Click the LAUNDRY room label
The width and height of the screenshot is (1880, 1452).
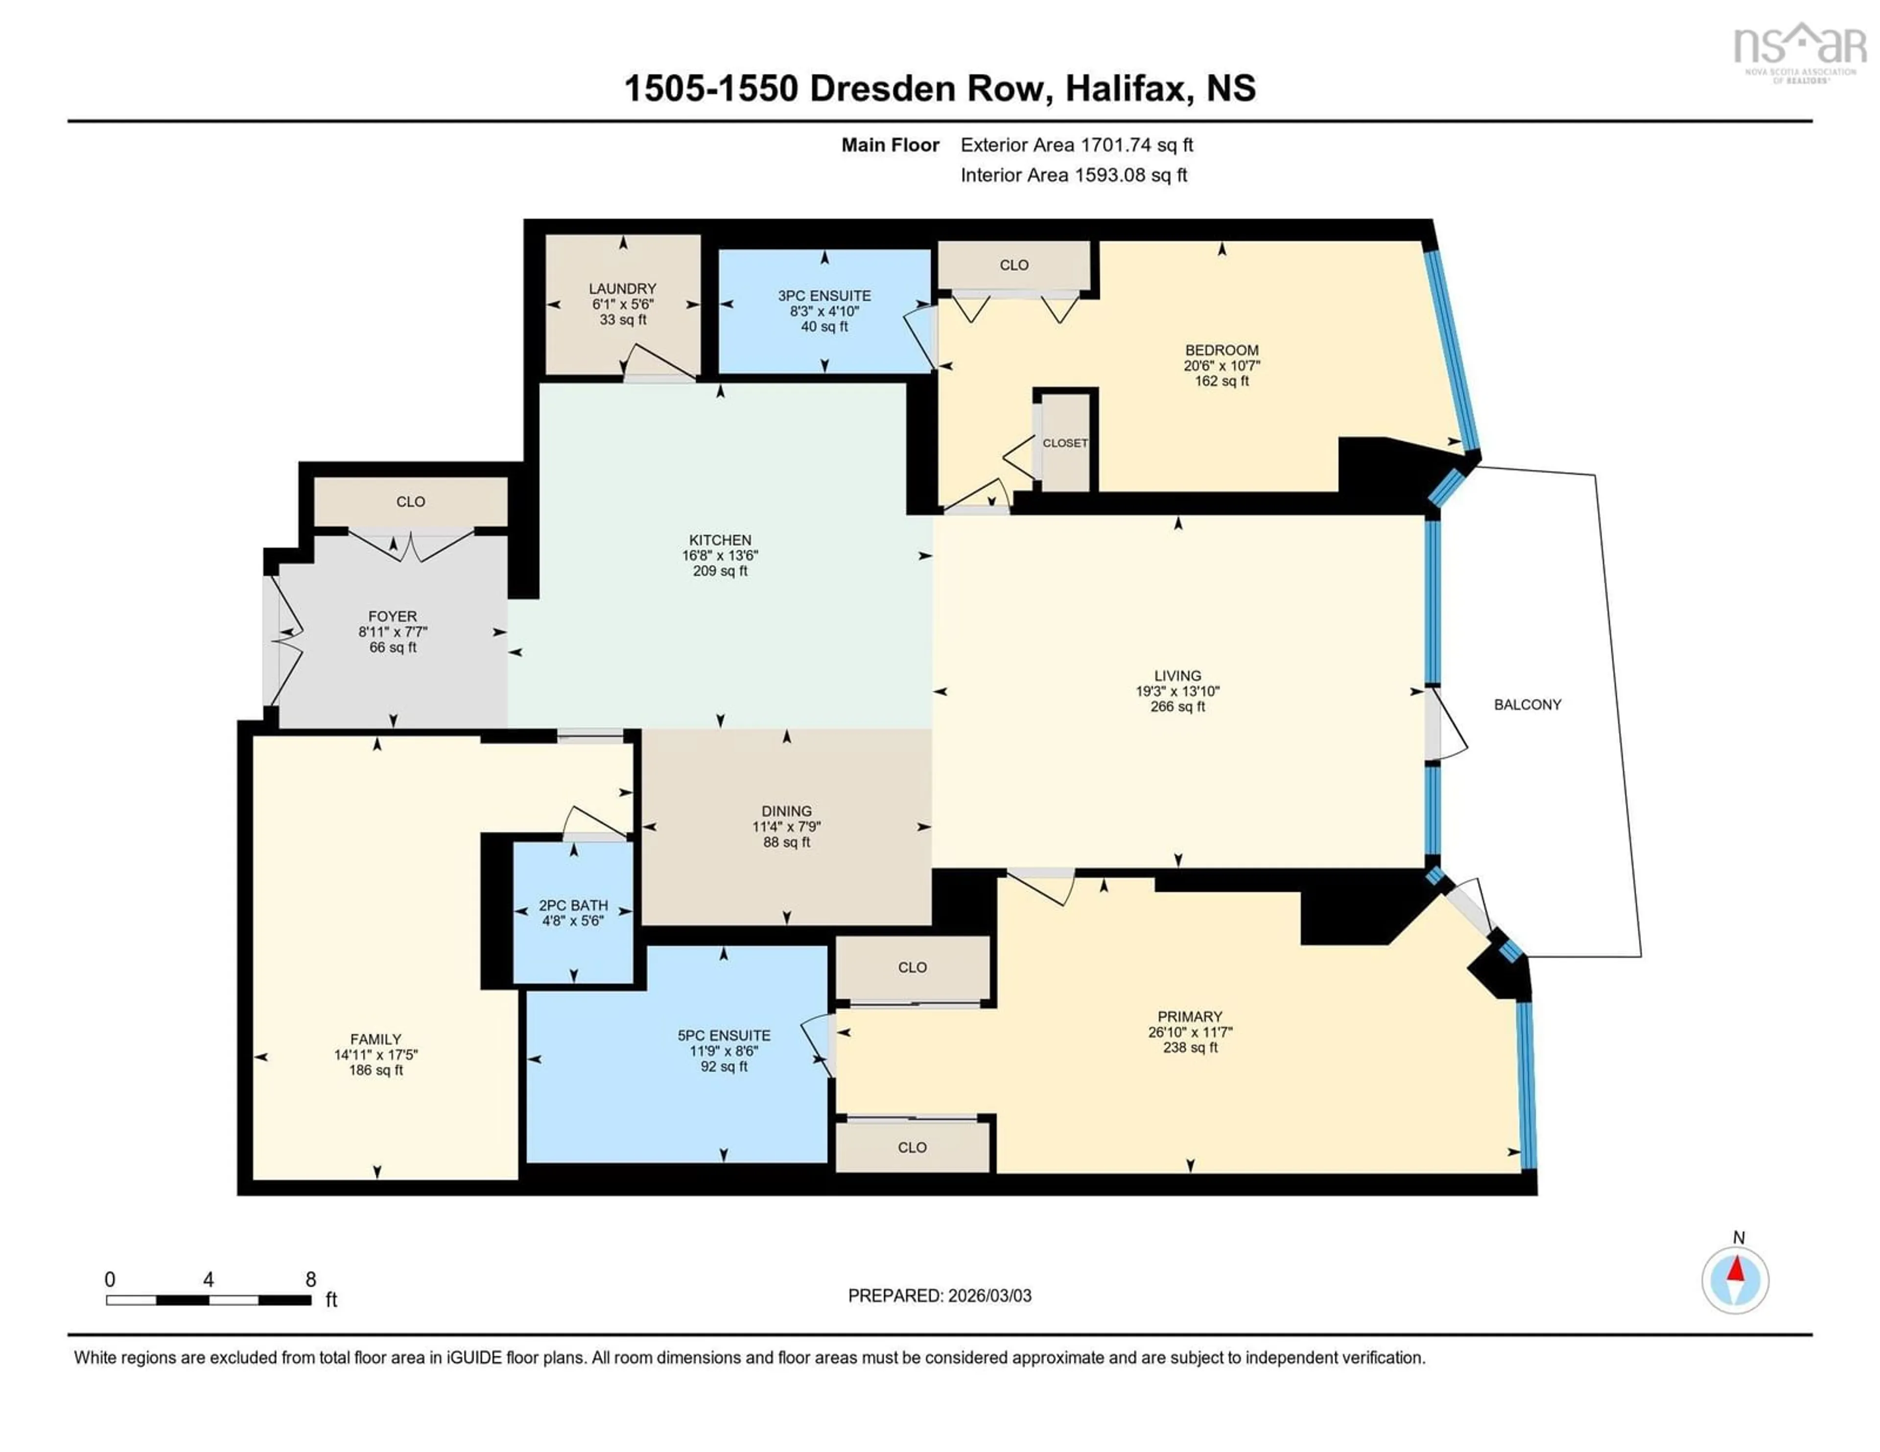click(622, 288)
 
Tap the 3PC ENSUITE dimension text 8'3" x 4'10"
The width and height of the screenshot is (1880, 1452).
click(824, 311)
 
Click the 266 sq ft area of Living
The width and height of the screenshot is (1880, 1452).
click(1177, 706)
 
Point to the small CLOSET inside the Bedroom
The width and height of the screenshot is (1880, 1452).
click(1065, 443)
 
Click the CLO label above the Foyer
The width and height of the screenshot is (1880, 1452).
click(411, 502)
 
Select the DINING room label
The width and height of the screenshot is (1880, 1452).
click(786, 811)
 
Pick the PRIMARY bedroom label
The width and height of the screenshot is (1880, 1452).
click(1190, 1016)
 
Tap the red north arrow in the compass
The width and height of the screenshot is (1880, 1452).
click(1736, 1269)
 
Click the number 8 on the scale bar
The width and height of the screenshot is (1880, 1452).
click(311, 1279)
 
